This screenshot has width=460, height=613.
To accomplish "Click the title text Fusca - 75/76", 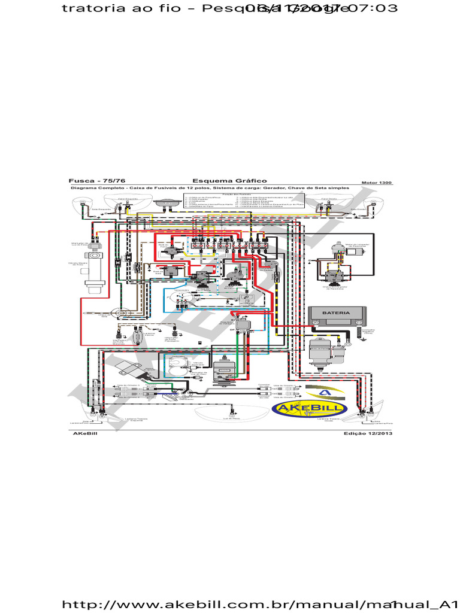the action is pos(97,181).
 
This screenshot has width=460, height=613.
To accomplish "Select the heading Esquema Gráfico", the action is pos(229,181).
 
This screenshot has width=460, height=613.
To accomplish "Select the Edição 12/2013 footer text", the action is pos(368,433).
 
